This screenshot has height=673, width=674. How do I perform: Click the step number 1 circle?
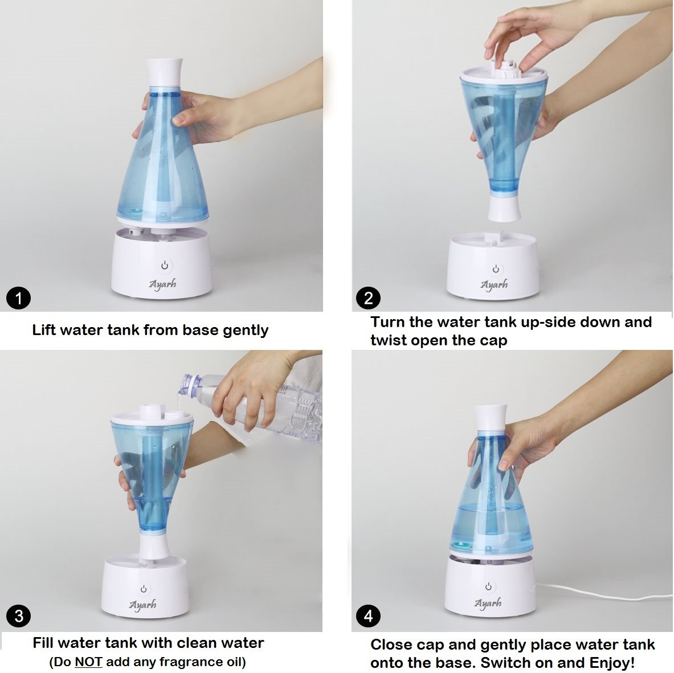click(18, 298)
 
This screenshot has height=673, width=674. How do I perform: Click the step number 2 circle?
click(369, 298)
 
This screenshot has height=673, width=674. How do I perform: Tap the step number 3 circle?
click(18, 616)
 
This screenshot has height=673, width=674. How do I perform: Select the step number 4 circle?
click(369, 616)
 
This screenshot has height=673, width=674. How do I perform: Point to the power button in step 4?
click(488, 586)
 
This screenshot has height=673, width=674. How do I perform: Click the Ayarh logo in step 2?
click(495, 285)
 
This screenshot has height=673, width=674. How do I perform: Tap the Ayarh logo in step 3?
click(142, 606)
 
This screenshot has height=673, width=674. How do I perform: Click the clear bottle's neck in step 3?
click(191, 385)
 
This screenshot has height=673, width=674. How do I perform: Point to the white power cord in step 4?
click(602, 591)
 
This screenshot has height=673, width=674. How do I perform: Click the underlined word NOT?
click(88, 662)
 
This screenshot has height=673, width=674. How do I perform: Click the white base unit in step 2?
click(493, 266)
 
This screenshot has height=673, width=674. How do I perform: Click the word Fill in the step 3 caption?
click(43, 643)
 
